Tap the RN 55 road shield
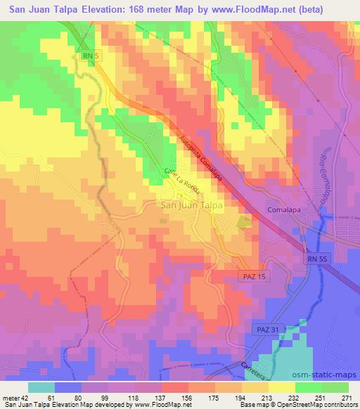(317, 259)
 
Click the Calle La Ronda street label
(184, 181)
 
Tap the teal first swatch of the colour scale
(41, 387)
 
